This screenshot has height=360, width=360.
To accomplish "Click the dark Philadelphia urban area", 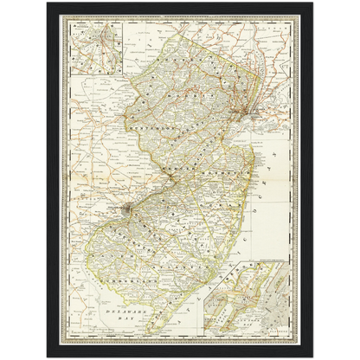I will [127, 207].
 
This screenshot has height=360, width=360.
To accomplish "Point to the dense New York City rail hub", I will [247, 113].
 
